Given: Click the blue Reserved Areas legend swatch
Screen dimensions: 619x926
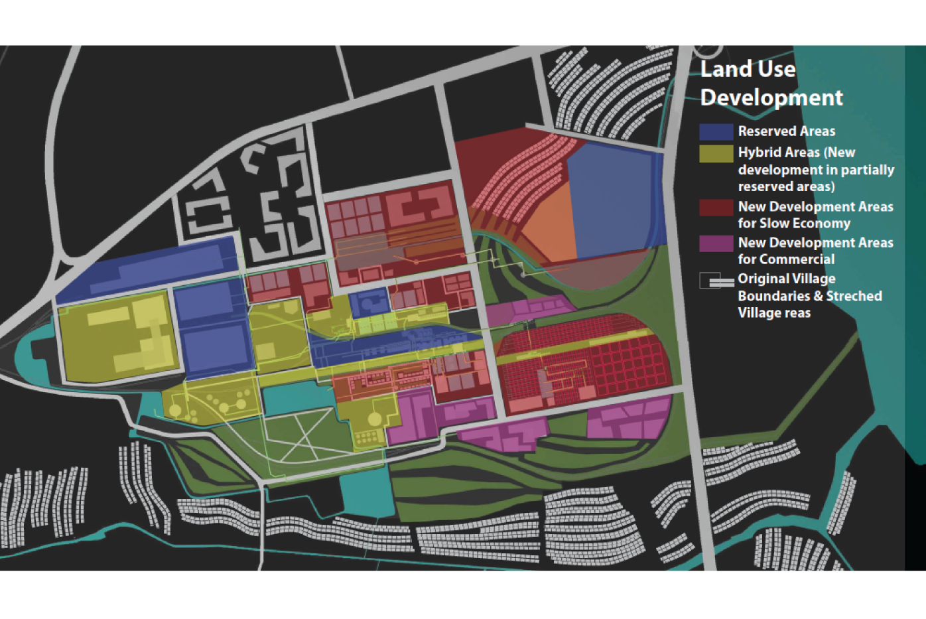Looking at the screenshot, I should click(716, 131).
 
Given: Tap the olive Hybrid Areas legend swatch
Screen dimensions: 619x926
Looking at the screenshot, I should click(716, 153).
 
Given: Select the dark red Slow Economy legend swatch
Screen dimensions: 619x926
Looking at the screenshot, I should click(716, 208).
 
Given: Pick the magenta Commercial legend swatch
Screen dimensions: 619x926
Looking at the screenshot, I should click(716, 243).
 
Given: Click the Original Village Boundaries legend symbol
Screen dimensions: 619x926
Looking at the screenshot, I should click(716, 281).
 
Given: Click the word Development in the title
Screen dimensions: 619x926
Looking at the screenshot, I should click(771, 98).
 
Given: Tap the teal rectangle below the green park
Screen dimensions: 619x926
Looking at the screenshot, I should click(364, 494).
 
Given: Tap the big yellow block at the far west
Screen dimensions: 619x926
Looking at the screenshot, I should click(119, 338).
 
